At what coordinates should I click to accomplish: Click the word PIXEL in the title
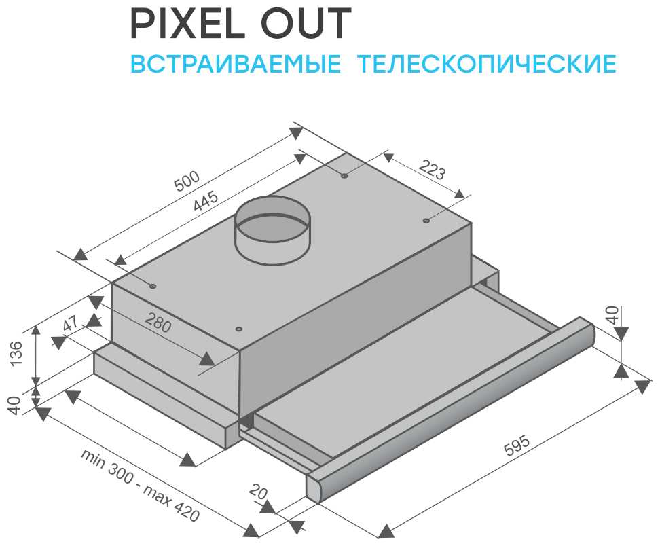point(188,24)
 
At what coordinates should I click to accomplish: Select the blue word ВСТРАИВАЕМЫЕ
point(236,63)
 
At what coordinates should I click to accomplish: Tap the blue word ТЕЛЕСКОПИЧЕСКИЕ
point(487,63)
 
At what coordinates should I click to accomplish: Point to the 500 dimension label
point(187,181)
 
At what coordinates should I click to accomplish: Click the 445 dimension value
point(206,201)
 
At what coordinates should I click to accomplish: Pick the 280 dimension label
point(158,323)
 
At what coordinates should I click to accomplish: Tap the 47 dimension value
point(71,323)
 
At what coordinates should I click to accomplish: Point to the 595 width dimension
point(517,445)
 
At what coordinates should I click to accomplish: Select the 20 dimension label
point(257,492)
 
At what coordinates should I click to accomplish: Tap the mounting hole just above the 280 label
point(238,329)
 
